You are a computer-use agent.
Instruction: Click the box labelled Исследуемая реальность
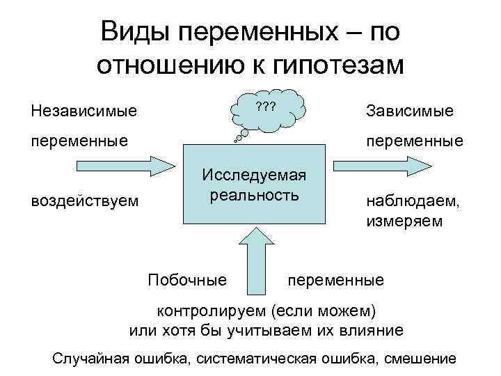254,184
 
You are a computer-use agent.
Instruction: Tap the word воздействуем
85,202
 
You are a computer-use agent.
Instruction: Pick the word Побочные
188,280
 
